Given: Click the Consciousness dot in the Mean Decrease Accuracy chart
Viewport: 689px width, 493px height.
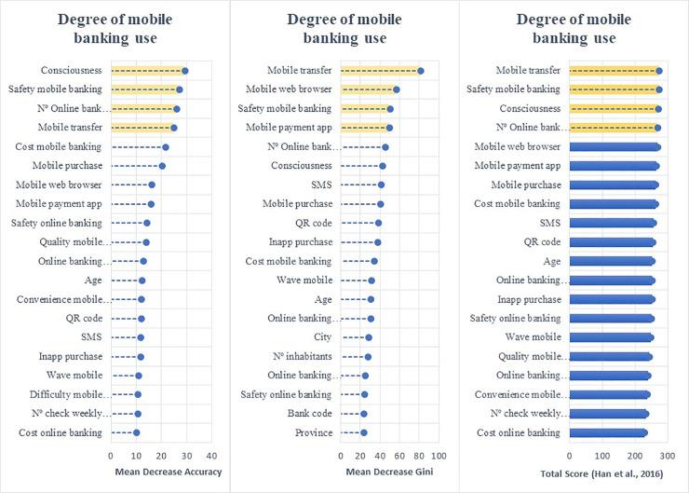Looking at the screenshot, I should [x=184, y=71].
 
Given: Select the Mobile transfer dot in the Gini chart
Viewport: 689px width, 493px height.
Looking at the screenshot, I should [x=421, y=71].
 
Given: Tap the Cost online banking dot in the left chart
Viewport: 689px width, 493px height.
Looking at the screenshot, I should [x=136, y=432].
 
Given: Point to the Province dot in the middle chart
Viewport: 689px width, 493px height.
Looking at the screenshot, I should [x=363, y=432].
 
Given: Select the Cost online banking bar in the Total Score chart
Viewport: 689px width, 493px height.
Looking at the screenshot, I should [x=607, y=432].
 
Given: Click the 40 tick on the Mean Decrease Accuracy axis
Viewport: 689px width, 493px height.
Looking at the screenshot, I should [x=211, y=456].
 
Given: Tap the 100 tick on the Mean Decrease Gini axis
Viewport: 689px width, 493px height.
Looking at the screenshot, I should [x=439, y=456].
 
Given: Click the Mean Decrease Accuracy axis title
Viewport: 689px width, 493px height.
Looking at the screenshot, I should [x=168, y=472].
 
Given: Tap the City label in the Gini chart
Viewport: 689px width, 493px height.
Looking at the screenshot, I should [x=322, y=336].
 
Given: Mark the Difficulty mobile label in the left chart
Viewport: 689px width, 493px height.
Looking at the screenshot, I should [x=62, y=394].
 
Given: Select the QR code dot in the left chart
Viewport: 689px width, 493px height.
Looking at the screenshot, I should [x=142, y=318].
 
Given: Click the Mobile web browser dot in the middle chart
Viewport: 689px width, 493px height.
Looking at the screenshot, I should [x=397, y=89].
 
